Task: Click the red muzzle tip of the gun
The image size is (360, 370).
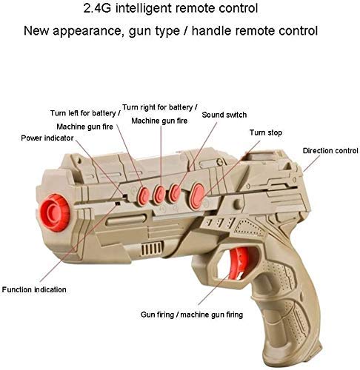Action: [55, 212]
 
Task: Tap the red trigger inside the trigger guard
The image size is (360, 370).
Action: [238, 263]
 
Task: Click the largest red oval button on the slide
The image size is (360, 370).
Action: [198, 195]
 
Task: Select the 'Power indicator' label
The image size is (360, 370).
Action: [47, 138]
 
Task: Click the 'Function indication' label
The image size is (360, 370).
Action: [34, 289]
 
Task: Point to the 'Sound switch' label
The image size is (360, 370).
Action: [224, 115]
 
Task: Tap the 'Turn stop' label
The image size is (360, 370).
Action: [266, 132]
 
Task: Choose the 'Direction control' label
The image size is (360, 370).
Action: [330, 151]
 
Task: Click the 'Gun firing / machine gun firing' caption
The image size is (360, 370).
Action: [192, 314]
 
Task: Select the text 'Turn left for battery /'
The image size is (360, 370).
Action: [85, 113]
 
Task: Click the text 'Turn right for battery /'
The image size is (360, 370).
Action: [160, 107]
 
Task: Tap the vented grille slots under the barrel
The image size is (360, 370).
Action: [152, 249]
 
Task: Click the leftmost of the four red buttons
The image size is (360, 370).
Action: [144, 196]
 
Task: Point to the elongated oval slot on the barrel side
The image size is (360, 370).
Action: [126, 220]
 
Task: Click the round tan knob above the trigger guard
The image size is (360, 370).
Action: [239, 203]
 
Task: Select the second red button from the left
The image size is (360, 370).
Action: [159, 195]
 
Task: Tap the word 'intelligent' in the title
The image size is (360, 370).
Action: [144, 8]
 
